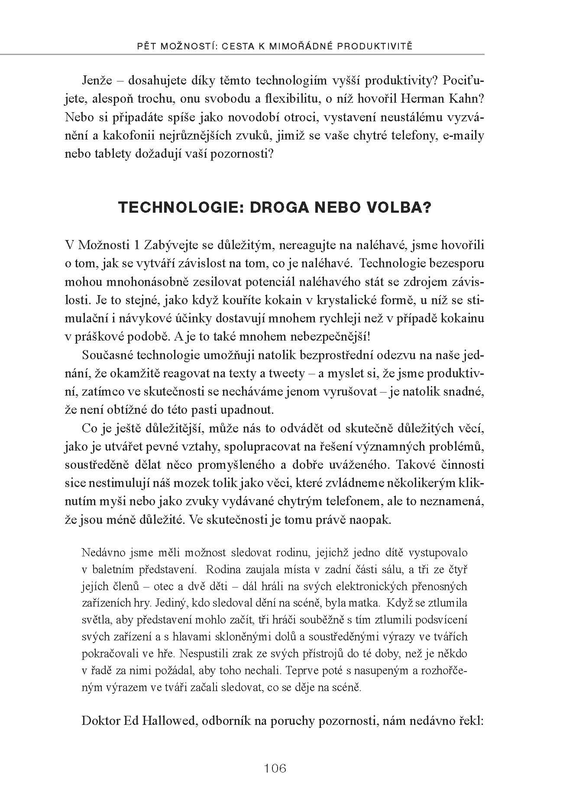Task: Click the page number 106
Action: pos(275,768)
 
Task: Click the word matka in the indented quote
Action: pos(365,603)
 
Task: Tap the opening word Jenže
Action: pos(96,81)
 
